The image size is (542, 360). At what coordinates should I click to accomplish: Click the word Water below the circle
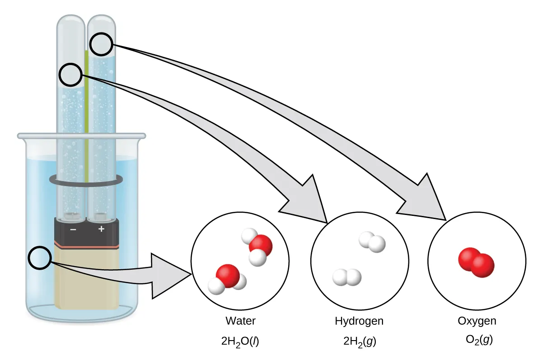coord(240,321)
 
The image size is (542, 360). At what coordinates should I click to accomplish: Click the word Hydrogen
coord(359,321)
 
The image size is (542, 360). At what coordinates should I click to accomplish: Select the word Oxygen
coord(477,321)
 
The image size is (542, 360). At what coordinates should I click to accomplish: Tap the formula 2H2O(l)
coord(240,341)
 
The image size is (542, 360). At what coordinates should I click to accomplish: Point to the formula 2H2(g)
coord(359,341)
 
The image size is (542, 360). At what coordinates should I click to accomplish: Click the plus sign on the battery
coord(101,229)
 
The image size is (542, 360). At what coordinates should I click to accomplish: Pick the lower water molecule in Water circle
coord(227,278)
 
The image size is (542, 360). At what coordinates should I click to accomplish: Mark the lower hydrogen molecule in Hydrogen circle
coord(347,277)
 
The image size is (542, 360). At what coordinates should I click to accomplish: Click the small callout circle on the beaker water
coord(40,258)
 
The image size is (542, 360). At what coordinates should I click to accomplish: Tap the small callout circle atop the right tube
coord(101,44)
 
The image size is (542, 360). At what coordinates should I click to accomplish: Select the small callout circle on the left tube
coord(72,75)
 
